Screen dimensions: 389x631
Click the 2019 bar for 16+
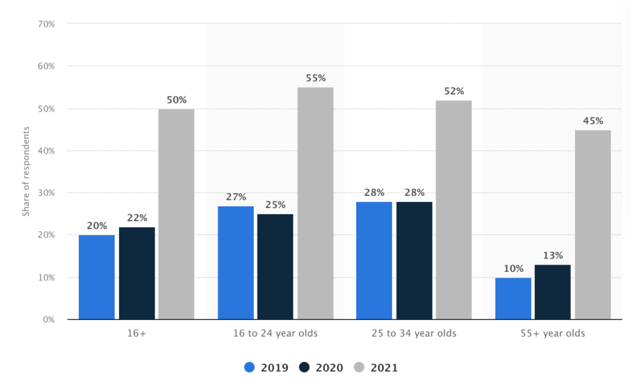97,277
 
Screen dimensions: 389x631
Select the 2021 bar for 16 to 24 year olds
315,203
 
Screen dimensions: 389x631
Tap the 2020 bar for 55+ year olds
552,292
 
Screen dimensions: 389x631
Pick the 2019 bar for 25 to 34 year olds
374,260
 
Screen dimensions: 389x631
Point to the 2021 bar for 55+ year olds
592,225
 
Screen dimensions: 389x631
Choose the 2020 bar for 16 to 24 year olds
275,267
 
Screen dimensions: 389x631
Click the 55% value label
315,79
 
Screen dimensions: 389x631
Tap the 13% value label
552,256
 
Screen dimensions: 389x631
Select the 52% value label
454,92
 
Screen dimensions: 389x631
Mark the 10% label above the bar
513,269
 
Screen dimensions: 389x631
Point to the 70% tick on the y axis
47,24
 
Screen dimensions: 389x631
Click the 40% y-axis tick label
47,151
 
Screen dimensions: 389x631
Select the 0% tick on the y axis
49,319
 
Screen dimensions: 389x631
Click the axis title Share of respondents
26,171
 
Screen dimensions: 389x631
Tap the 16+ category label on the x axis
136,334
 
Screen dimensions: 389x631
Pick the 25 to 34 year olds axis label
414,334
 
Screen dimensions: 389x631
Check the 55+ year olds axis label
552,334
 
